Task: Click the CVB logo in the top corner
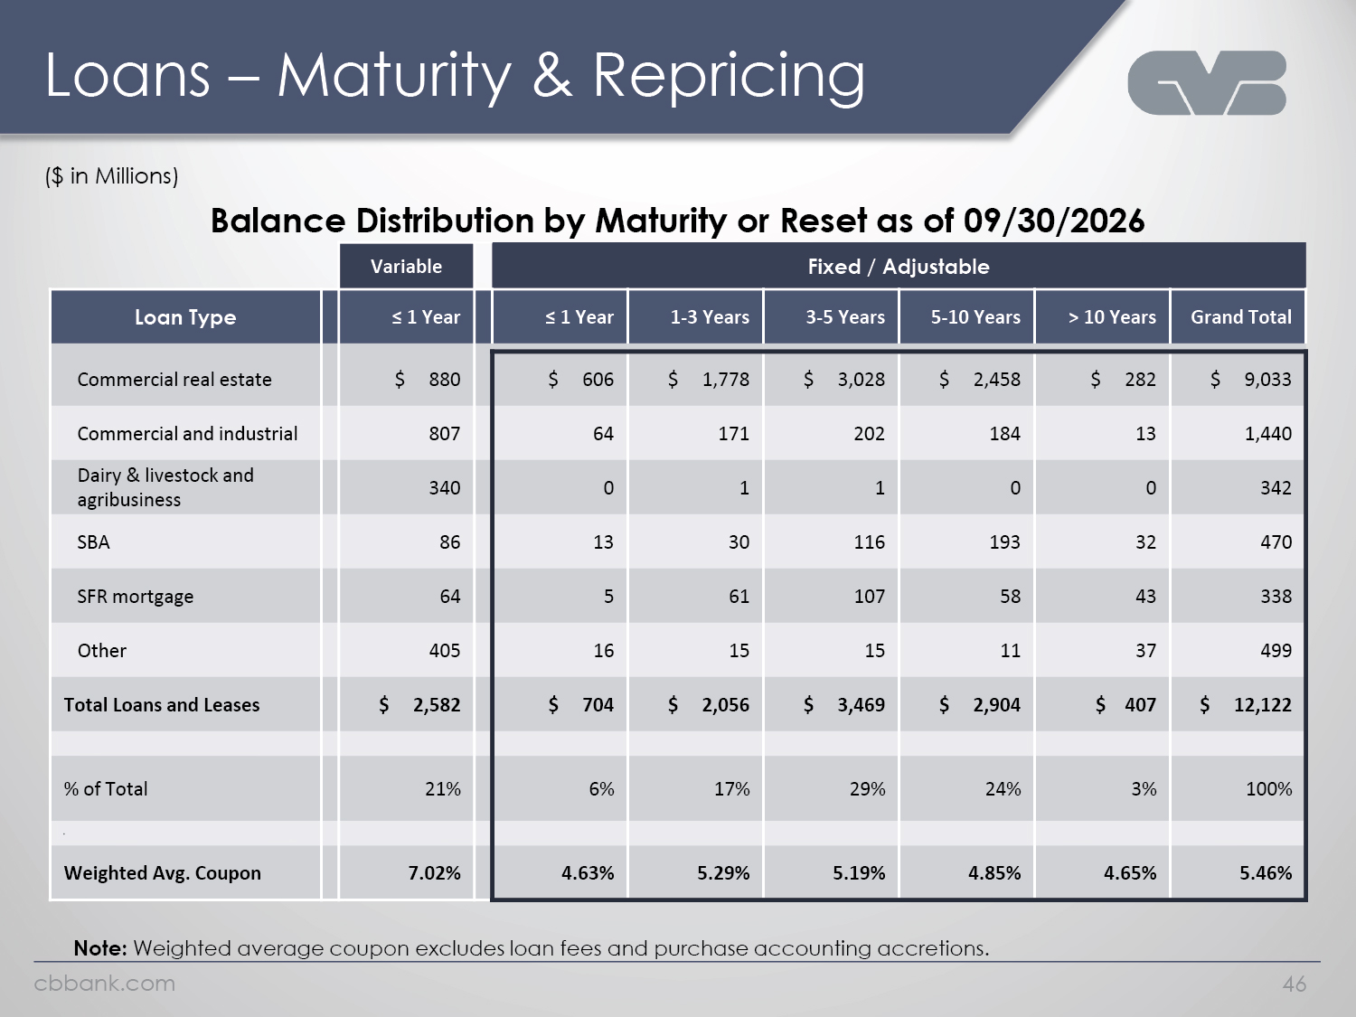1207,83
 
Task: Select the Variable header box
407,266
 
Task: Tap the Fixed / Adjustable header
899,266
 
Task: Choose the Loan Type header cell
185,316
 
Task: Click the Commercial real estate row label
174,379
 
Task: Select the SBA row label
93,542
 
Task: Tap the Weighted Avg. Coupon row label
163,873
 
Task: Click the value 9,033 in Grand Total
1267,379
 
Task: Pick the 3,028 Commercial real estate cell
862,379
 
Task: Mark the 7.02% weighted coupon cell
434,873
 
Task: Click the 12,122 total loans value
1263,704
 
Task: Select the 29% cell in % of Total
867,788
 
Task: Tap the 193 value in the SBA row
1004,542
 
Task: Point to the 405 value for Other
445,650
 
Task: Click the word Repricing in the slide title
729,77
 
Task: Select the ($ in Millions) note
112,176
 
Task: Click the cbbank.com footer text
104,983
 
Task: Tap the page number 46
1295,984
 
